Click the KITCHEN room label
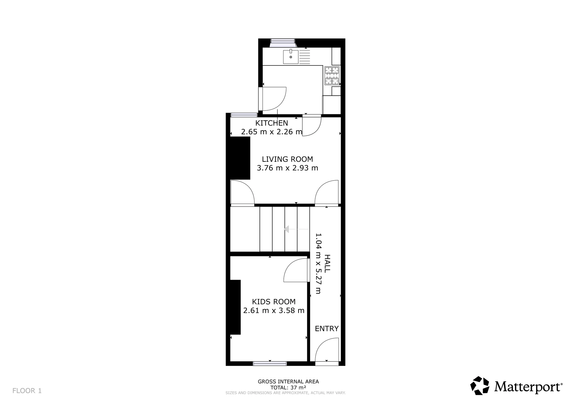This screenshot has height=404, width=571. pyautogui.click(x=272, y=123)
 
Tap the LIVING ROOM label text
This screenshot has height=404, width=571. pyautogui.click(x=287, y=159)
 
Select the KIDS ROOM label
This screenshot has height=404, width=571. pyautogui.click(x=274, y=302)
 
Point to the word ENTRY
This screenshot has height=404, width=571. pyautogui.click(x=327, y=329)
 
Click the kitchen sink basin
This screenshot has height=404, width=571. pyautogui.click(x=291, y=57)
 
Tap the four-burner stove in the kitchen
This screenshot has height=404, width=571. pyautogui.click(x=332, y=76)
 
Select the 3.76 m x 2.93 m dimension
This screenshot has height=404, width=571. pyautogui.click(x=287, y=168)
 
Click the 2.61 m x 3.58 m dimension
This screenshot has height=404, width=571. pyautogui.click(x=274, y=311)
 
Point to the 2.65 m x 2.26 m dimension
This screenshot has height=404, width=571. pyautogui.click(x=272, y=132)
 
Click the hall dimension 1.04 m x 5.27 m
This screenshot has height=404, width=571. pyautogui.click(x=318, y=263)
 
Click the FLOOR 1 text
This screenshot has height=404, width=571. pyautogui.click(x=27, y=391)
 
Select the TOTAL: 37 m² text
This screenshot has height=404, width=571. pyautogui.click(x=288, y=388)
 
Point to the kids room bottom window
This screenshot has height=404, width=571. pyautogui.click(x=270, y=363)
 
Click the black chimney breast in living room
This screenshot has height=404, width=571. pyautogui.click(x=240, y=158)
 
